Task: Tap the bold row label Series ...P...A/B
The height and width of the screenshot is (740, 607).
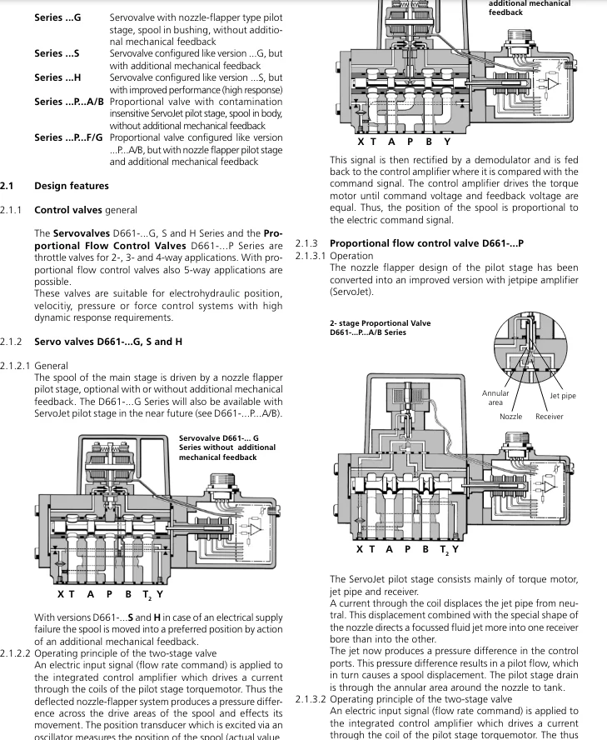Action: pos(70,102)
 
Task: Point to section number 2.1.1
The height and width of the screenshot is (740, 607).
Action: pos(12,210)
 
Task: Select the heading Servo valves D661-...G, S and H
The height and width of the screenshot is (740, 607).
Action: pos(108,342)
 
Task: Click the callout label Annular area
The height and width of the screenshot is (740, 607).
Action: pos(495,397)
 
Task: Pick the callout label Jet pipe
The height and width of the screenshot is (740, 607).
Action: pos(562,396)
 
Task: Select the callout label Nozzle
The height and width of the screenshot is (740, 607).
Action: pos(510,416)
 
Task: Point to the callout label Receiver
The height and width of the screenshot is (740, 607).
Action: pos(549,416)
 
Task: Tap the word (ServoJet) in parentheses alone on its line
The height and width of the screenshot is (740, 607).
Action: pos(351,292)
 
